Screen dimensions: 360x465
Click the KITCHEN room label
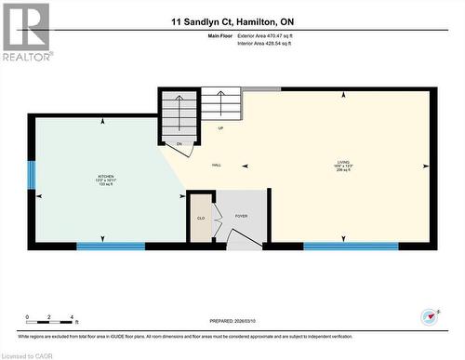point(106,177)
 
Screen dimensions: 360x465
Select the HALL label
point(216,166)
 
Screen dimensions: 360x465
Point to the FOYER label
point(242,215)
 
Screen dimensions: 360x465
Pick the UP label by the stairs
point(220,127)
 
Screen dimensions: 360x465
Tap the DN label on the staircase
point(179,144)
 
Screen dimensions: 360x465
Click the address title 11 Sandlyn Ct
point(231,20)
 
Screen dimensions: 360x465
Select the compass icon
point(429,315)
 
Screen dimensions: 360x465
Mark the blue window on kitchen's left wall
point(31,174)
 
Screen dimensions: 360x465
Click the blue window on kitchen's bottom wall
point(111,246)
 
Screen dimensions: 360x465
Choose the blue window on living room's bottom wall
point(351,246)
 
